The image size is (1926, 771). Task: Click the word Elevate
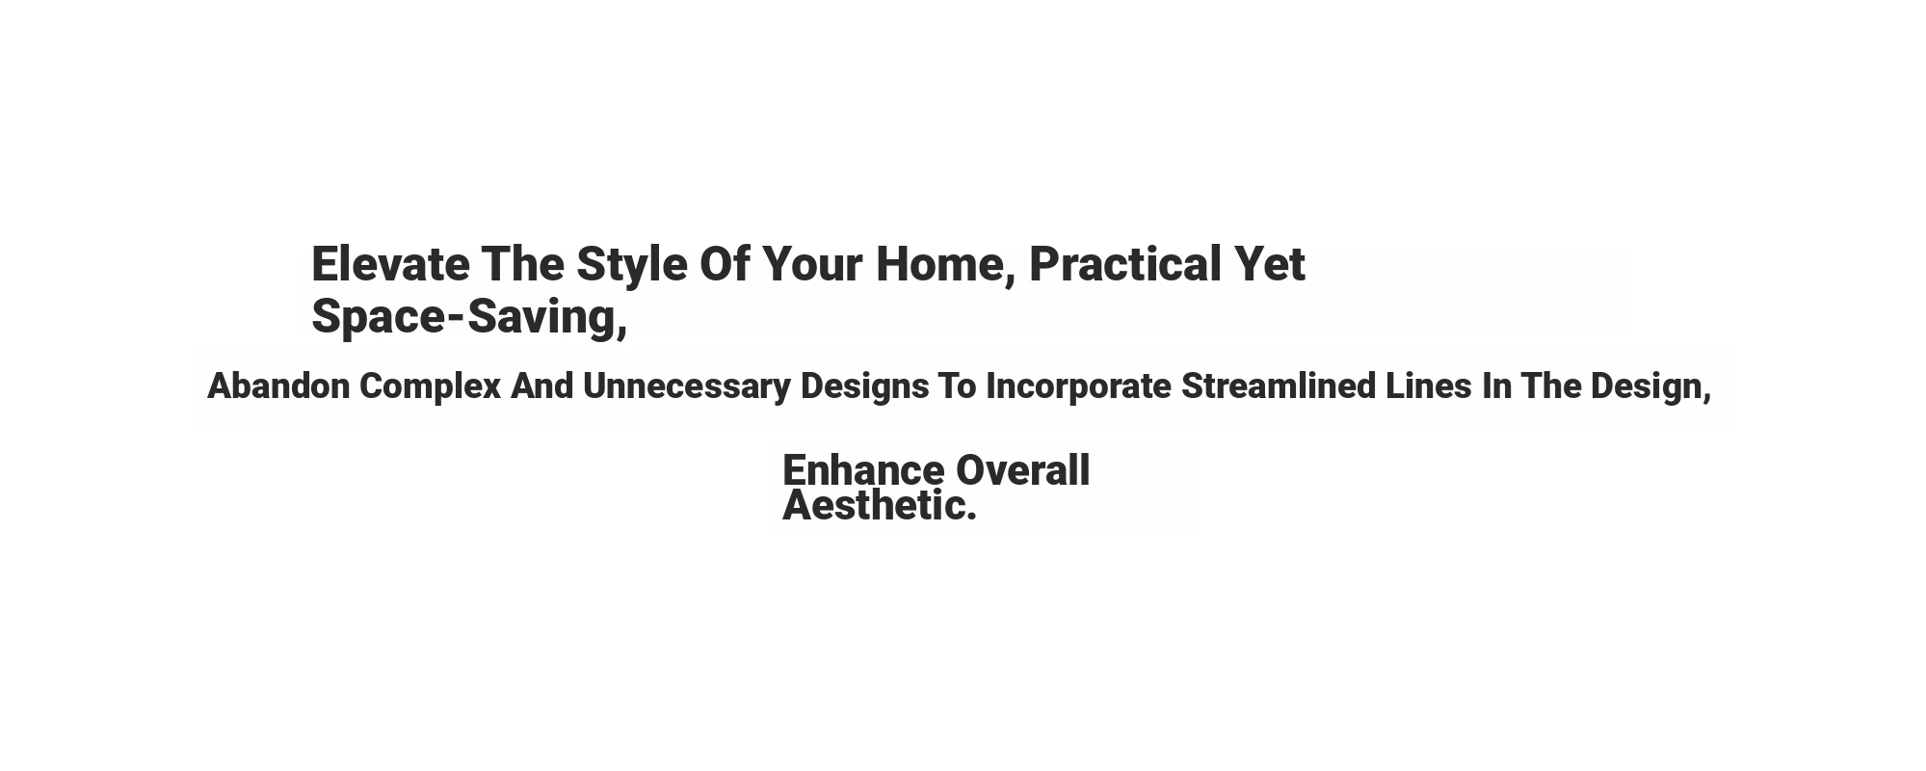(390, 264)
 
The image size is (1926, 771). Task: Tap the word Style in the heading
(632, 267)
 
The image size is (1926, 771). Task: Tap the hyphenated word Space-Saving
(469, 318)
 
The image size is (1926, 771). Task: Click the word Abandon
(278, 386)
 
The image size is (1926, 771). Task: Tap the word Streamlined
(1279, 386)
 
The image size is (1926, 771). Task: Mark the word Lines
(1429, 386)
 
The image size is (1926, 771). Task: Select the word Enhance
(863, 470)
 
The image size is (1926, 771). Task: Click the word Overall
(1022, 470)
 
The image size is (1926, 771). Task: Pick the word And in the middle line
(541, 386)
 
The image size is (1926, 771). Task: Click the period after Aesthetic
(971, 517)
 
